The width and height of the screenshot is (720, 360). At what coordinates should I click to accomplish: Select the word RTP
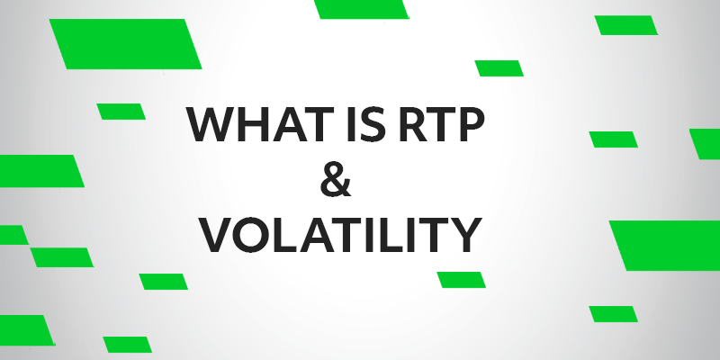click(x=441, y=123)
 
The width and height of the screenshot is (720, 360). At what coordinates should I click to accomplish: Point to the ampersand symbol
click(x=336, y=178)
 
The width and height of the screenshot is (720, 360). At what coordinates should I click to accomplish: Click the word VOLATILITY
click(x=342, y=235)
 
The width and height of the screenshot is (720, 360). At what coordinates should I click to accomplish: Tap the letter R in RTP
click(x=413, y=123)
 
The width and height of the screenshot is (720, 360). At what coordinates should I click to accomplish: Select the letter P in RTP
click(x=472, y=123)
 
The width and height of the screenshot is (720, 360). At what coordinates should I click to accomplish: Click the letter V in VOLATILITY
click(x=219, y=235)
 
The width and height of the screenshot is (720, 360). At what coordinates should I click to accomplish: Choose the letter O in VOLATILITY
click(x=255, y=235)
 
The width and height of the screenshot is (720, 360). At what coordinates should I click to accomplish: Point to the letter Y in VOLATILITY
click(x=467, y=235)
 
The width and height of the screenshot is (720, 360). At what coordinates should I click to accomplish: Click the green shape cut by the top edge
click(x=362, y=9)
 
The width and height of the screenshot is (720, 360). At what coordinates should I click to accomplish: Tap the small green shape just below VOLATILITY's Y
click(x=461, y=280)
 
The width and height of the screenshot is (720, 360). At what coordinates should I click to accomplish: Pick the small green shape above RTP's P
click(x=499, y=68)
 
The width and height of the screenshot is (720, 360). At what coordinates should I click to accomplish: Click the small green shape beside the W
click(x=121, y=112)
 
